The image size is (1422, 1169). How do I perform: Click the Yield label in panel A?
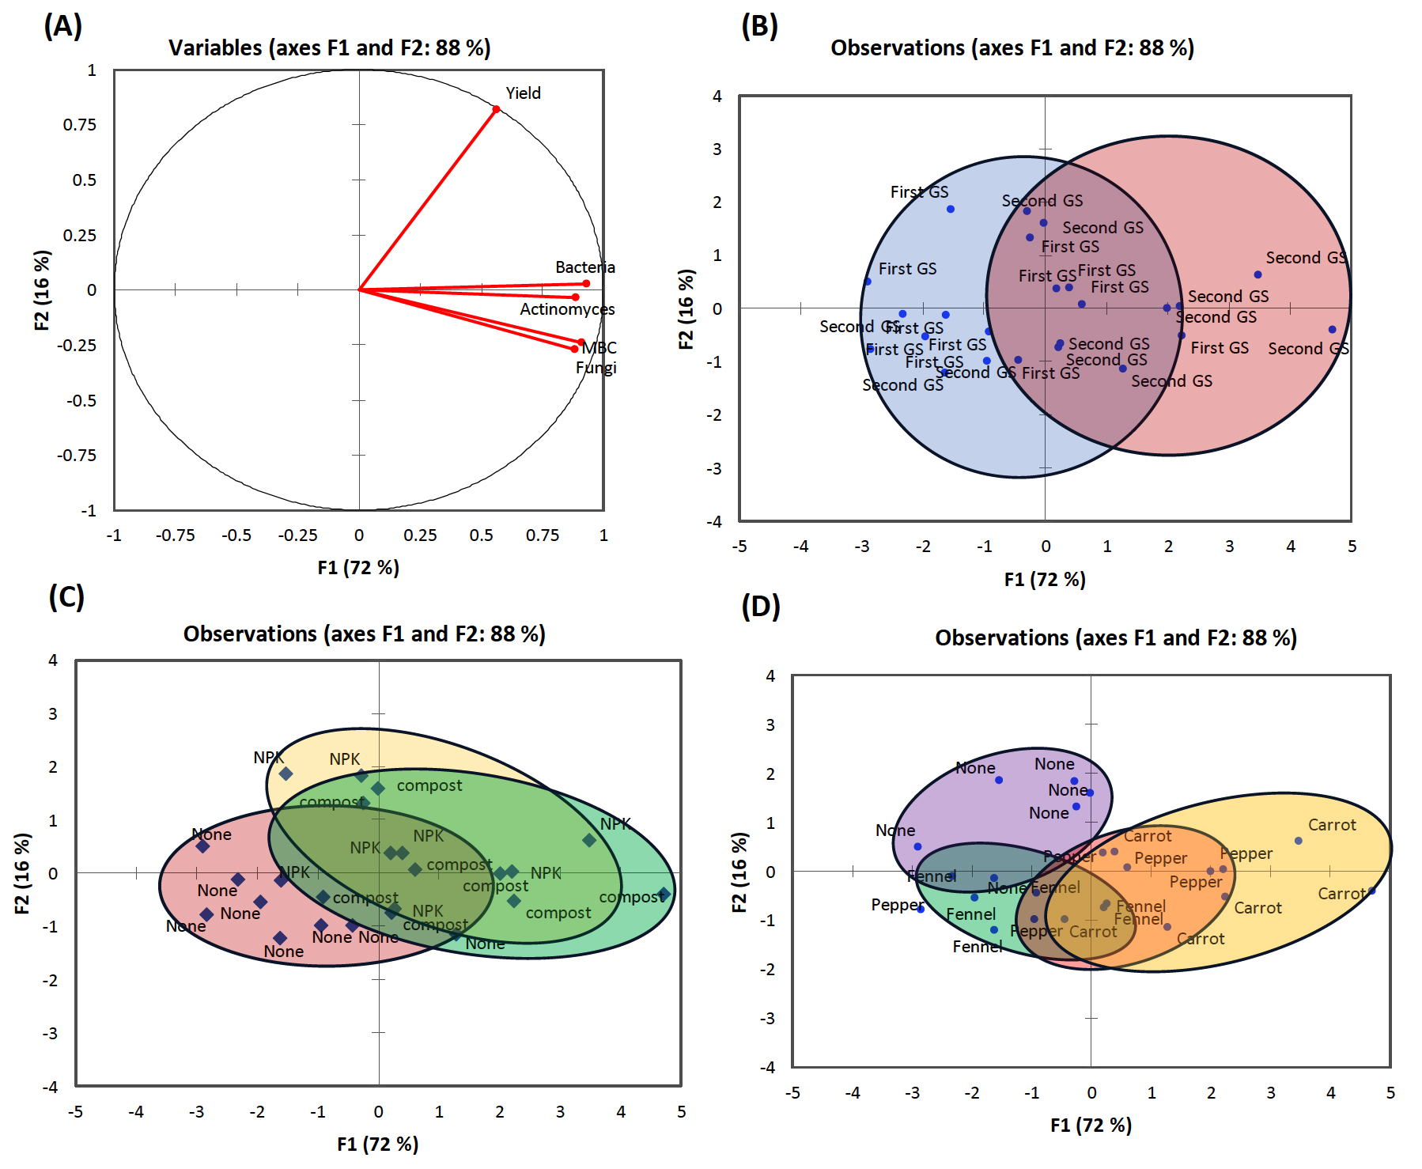523,93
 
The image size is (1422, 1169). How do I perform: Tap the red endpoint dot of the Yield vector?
496,109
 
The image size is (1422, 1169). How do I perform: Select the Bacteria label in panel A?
584,267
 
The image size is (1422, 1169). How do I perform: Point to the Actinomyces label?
566,309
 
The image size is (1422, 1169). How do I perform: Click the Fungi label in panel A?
596,368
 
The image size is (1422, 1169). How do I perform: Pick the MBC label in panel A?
599,348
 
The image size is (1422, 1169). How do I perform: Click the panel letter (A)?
63,26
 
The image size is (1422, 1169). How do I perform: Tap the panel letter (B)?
759,26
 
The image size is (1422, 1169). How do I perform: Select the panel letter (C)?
66,596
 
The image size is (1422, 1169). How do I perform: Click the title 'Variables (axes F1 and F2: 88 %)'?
329,48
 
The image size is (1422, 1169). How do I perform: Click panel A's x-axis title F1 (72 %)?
358,567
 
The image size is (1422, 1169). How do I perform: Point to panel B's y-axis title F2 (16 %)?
686,308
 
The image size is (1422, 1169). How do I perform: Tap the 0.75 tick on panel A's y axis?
79,125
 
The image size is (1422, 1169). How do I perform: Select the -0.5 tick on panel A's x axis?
236,535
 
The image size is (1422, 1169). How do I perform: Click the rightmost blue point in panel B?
1332,330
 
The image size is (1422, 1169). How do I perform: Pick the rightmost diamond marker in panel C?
664,895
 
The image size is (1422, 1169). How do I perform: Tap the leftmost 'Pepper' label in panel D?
897,905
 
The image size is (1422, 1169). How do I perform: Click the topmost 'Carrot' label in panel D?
1332,825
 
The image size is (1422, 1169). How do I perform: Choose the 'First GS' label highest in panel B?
919,192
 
